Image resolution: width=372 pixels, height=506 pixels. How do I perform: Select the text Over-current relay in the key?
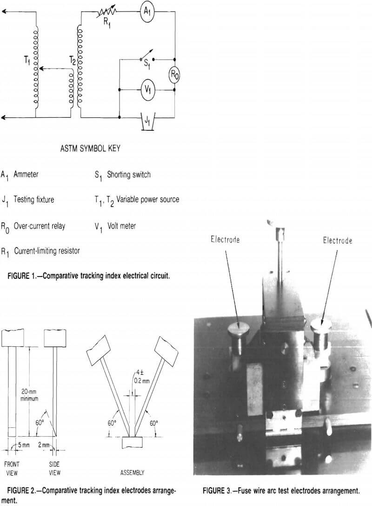40,226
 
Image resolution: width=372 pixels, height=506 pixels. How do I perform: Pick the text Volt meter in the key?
122,226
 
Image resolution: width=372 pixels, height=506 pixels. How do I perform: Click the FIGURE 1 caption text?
88,275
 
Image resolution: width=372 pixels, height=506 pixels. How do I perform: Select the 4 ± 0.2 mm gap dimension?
134,389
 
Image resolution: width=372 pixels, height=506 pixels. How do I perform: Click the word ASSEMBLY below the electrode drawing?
132,472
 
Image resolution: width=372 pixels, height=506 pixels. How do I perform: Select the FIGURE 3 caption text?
280,490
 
